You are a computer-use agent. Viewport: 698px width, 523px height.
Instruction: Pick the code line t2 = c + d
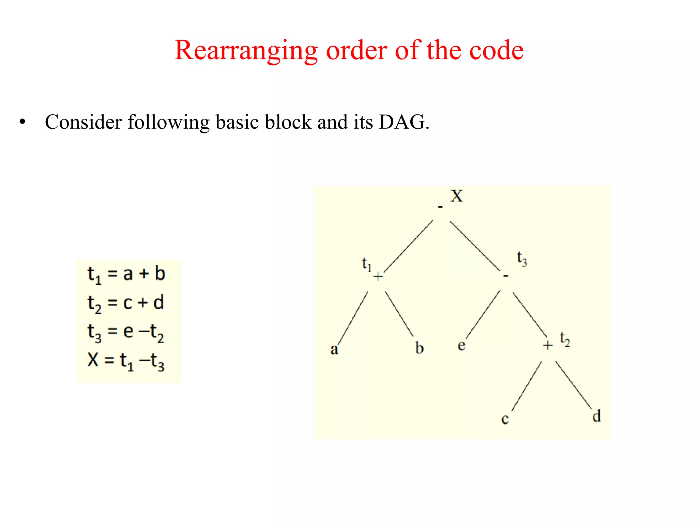click(126, 303)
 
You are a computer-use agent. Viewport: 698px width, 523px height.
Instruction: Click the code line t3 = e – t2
click(126, 332)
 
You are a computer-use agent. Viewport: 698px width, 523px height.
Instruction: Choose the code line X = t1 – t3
click(126, 361)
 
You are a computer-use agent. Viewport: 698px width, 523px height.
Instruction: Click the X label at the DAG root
click(456, 196)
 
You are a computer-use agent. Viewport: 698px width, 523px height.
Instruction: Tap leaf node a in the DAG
click(334, 349)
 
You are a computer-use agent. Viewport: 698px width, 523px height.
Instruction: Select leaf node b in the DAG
click(419, 348)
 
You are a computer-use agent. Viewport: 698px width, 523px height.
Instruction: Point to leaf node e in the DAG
click(461, 345)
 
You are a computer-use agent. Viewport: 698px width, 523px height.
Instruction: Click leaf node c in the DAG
click(505, 419)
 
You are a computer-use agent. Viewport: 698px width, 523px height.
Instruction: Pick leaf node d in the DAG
click(596, 416)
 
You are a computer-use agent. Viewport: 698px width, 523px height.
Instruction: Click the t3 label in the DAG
click(522, 259)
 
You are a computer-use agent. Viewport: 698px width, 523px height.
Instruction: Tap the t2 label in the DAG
click(565, 339)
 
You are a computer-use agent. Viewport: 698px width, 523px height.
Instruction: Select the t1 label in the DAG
click(366, 264)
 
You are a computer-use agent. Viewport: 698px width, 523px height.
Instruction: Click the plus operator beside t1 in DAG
click(378, 276)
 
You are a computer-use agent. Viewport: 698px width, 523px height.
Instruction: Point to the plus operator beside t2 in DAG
click(548, 345)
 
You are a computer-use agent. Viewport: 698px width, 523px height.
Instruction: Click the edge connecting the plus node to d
click(574, 385)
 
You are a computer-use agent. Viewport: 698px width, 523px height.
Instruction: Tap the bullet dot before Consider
click(22, 122)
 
